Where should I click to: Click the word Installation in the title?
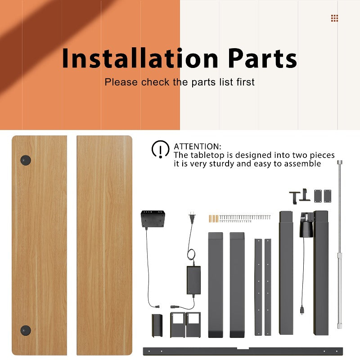(x=140, y=58)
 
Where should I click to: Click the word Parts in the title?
(x=262, y=58)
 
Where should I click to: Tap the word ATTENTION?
(x=198, y=147)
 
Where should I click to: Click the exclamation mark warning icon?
(x=160, y=149)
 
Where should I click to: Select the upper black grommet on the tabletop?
(x=26, y=160)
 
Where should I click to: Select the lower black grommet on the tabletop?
(x=26, y=330)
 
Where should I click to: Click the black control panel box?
(x=153, y=219)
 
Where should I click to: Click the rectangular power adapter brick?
(x=193, y=280)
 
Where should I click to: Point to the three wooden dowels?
(x=213, y=219)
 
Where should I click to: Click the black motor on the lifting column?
(x=306, y=225)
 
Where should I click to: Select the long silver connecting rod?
(x=340, y=244)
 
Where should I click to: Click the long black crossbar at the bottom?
(x=243, y=351)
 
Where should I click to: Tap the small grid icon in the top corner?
(x=334, y=18)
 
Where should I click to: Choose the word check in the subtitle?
(x=155, y=82)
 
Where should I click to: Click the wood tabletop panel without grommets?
(x=104, y=245)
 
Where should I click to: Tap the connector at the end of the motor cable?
(x=301, y=310)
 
